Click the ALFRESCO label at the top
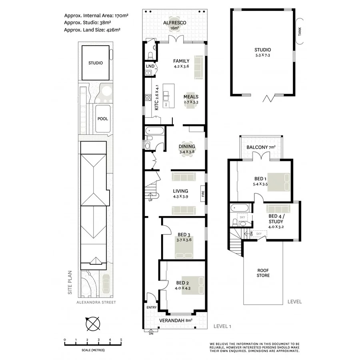coord(175,23)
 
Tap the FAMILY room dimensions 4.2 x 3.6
coord(181,67)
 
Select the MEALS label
coord(191,96)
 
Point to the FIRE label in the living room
coord(203,193)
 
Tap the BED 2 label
coord(181,283)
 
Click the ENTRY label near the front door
coord(151,308)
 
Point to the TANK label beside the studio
coord(300,31)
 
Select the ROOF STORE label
coord(263,273)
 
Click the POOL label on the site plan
coord(102,119)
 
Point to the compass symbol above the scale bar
coord(93,322)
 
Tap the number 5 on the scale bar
coord(121,340)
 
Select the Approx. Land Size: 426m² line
coord(92,30)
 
